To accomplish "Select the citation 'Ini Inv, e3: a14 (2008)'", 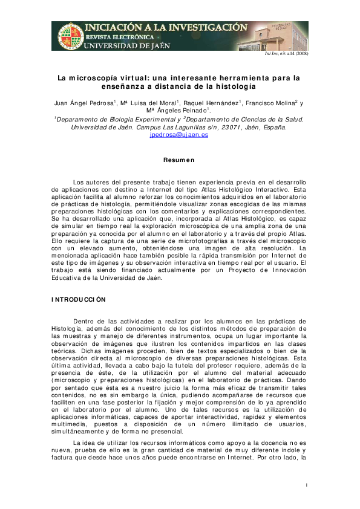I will click(287, 54).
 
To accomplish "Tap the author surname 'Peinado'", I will click(193, 111).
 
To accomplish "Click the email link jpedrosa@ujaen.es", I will click(178, 135).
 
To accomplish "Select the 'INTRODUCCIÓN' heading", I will click(79, 299).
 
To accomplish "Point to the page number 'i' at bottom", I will click(307, 485).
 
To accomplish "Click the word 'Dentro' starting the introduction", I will click(83, 320).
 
